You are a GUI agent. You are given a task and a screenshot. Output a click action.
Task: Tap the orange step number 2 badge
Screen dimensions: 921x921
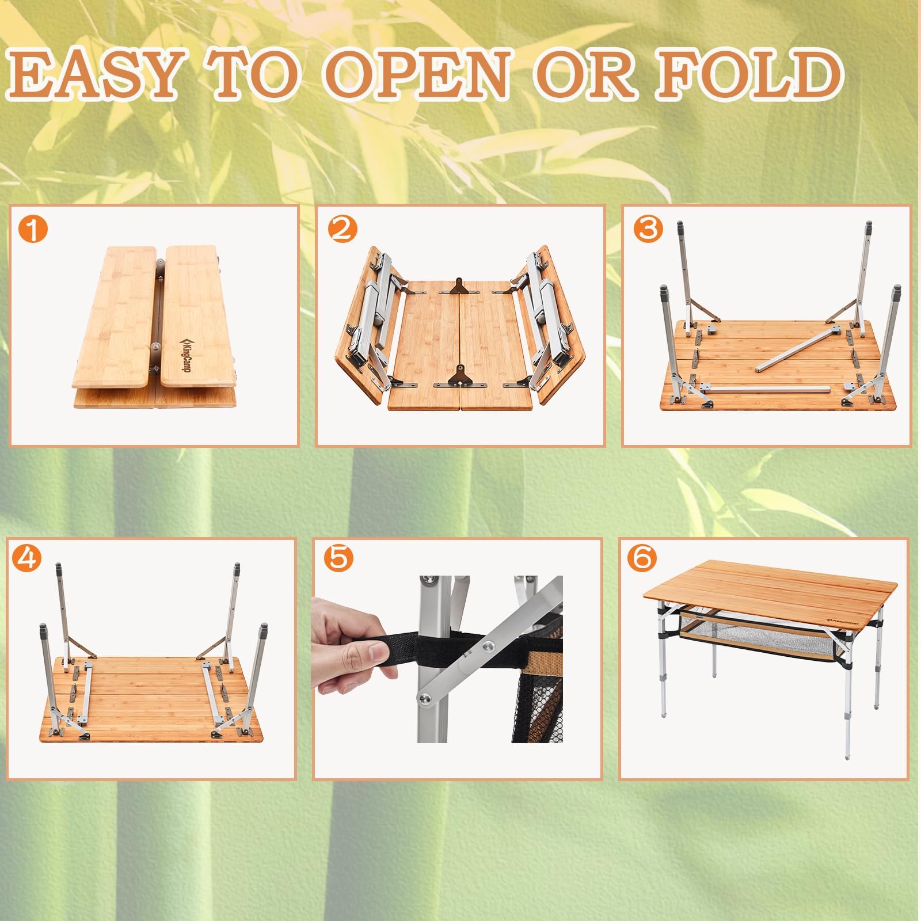click(342, 230)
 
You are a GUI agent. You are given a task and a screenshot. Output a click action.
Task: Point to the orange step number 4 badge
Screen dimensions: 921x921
click(26, 558)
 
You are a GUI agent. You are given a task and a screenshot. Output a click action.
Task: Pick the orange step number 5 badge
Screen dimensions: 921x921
click(338, 558)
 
